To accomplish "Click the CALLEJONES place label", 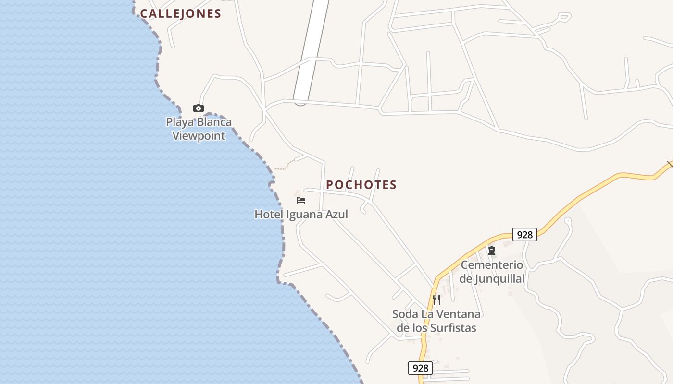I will click(x=180, y=14).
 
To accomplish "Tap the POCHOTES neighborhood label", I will click(x=361, y=185).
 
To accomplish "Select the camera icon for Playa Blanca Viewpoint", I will click(x=198, y=108).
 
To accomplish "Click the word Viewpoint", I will click(x=199, y=136).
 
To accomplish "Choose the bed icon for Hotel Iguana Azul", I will click(x=301, y=200).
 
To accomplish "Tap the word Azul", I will click(x=336, y=214).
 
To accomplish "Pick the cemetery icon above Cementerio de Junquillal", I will click(x=492, y=251).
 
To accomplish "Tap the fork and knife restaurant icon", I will click(x=436, y=300).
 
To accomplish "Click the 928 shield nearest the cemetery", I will click(x=524, y=235).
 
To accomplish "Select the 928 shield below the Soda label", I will click(x=420, y=368).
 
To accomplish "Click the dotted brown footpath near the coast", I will click(x=285, y=166).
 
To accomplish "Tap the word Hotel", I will click(x=269, y=215).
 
